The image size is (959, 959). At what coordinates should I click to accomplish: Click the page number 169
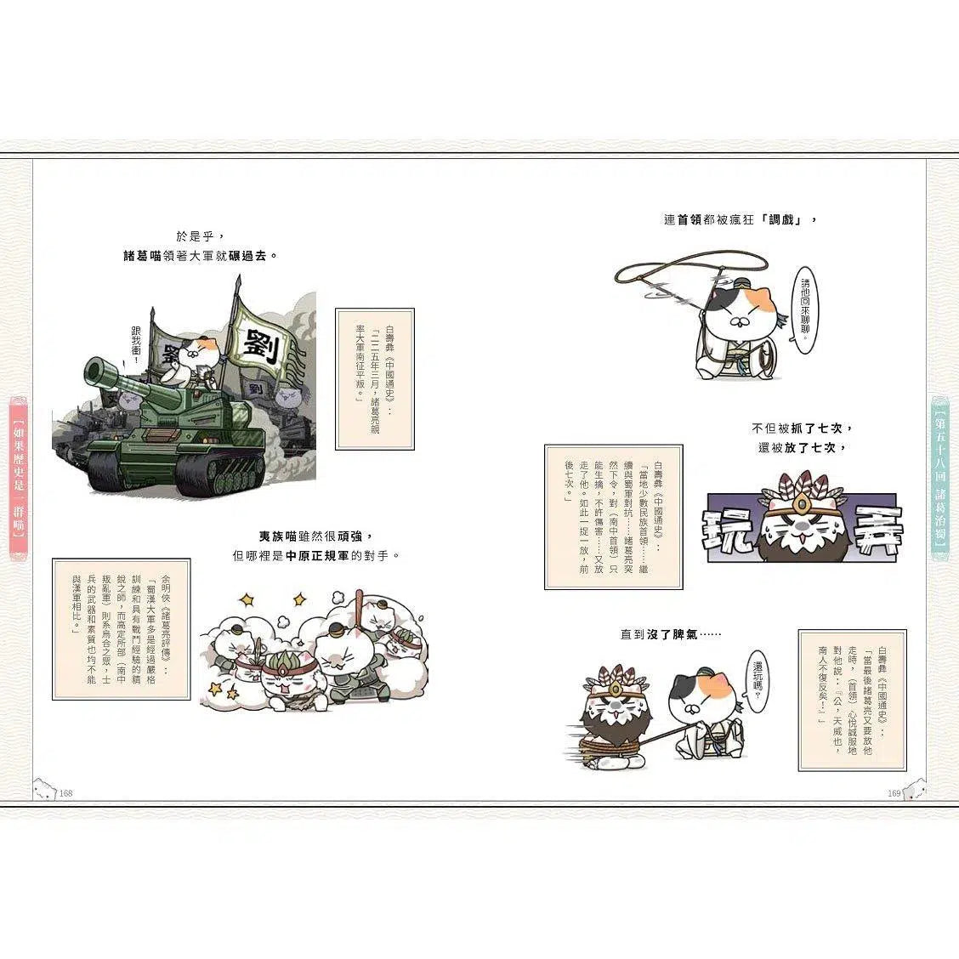tap(894, 793)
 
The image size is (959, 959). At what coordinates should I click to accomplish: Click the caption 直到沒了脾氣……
tap(671, 634)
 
